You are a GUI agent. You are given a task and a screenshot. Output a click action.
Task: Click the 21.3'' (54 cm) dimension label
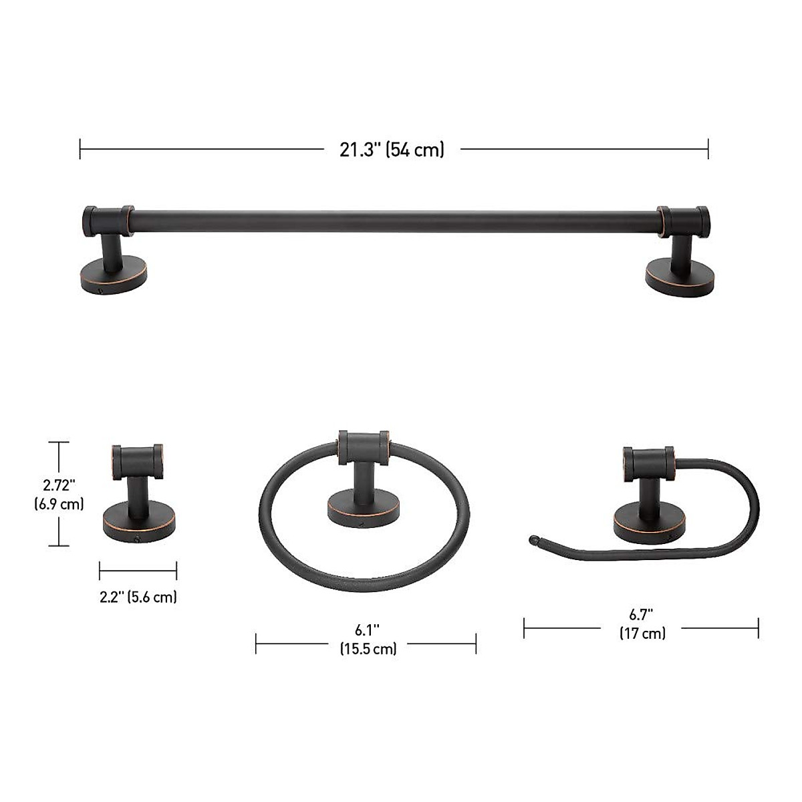(392, 149)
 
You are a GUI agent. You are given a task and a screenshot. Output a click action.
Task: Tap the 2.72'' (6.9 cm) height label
(59, 493)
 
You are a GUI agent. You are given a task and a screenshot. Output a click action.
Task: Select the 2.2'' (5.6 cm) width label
(138, 597)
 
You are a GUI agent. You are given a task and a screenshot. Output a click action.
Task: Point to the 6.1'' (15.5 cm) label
(367, 638)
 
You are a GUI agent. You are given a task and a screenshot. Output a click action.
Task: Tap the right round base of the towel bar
(679, 279)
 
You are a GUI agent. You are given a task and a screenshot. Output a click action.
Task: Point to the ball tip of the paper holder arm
(534, 541)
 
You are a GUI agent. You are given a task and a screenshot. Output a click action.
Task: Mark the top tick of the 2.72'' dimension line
(59, 442)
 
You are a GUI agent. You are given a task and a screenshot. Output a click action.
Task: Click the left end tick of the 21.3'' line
(80, 149)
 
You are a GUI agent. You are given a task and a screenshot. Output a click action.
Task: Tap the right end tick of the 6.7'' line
(758, 628)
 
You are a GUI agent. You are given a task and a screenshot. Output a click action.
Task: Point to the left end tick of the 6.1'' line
(256, 644)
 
